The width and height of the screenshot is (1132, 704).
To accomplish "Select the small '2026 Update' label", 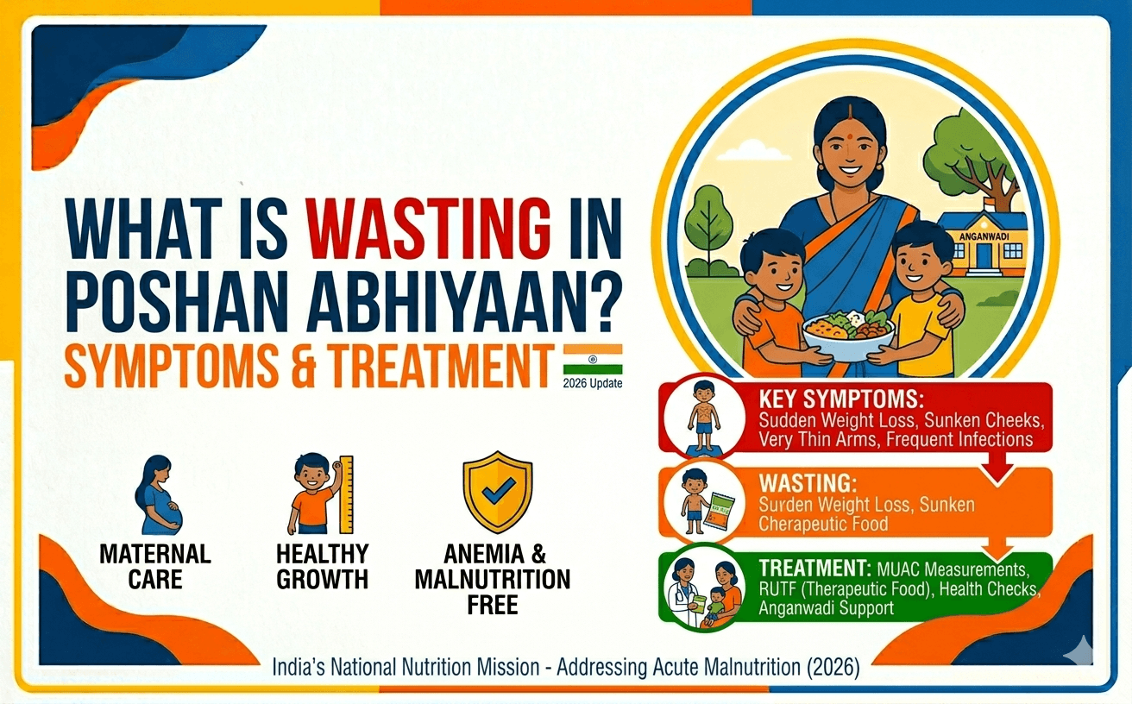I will point(591,383).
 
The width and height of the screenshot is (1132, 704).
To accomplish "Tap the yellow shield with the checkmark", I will point(497,492).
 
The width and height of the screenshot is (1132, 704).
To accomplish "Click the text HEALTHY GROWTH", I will point(322,566).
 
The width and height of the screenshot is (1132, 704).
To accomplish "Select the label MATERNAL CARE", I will point(155,566).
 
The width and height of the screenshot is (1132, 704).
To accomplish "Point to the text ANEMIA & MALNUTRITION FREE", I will point(492,578).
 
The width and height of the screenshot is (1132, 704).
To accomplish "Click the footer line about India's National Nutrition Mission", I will point(565,668).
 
